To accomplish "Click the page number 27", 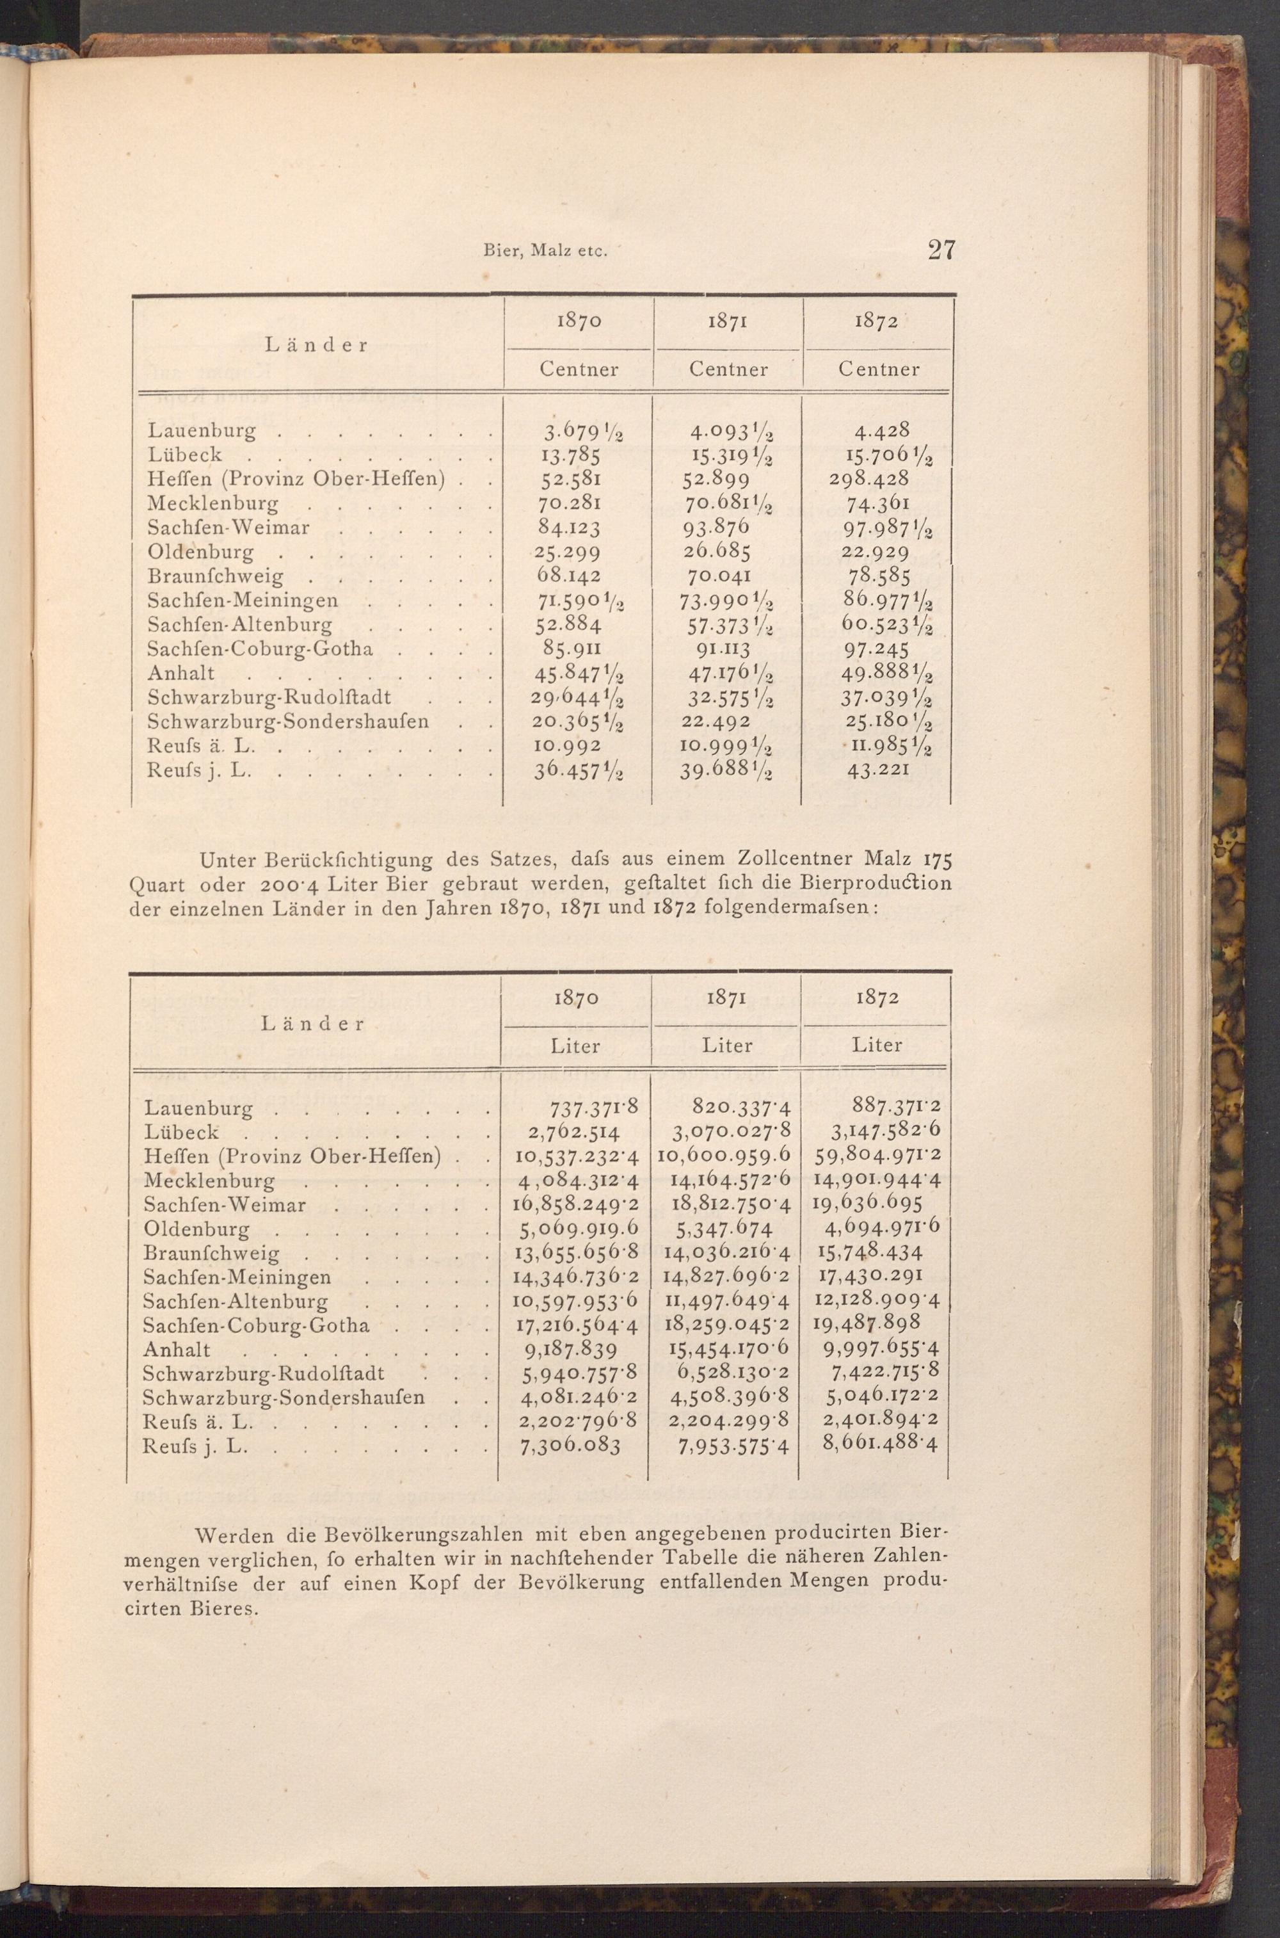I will pos(940,249).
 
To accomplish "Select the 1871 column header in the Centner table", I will pos(728,322).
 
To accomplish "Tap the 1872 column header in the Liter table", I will pos(877,998).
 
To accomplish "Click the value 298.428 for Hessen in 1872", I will pos(868,479).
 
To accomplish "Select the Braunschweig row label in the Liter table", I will pos(211,1254).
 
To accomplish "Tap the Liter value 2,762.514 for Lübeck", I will pos(570,1133).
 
